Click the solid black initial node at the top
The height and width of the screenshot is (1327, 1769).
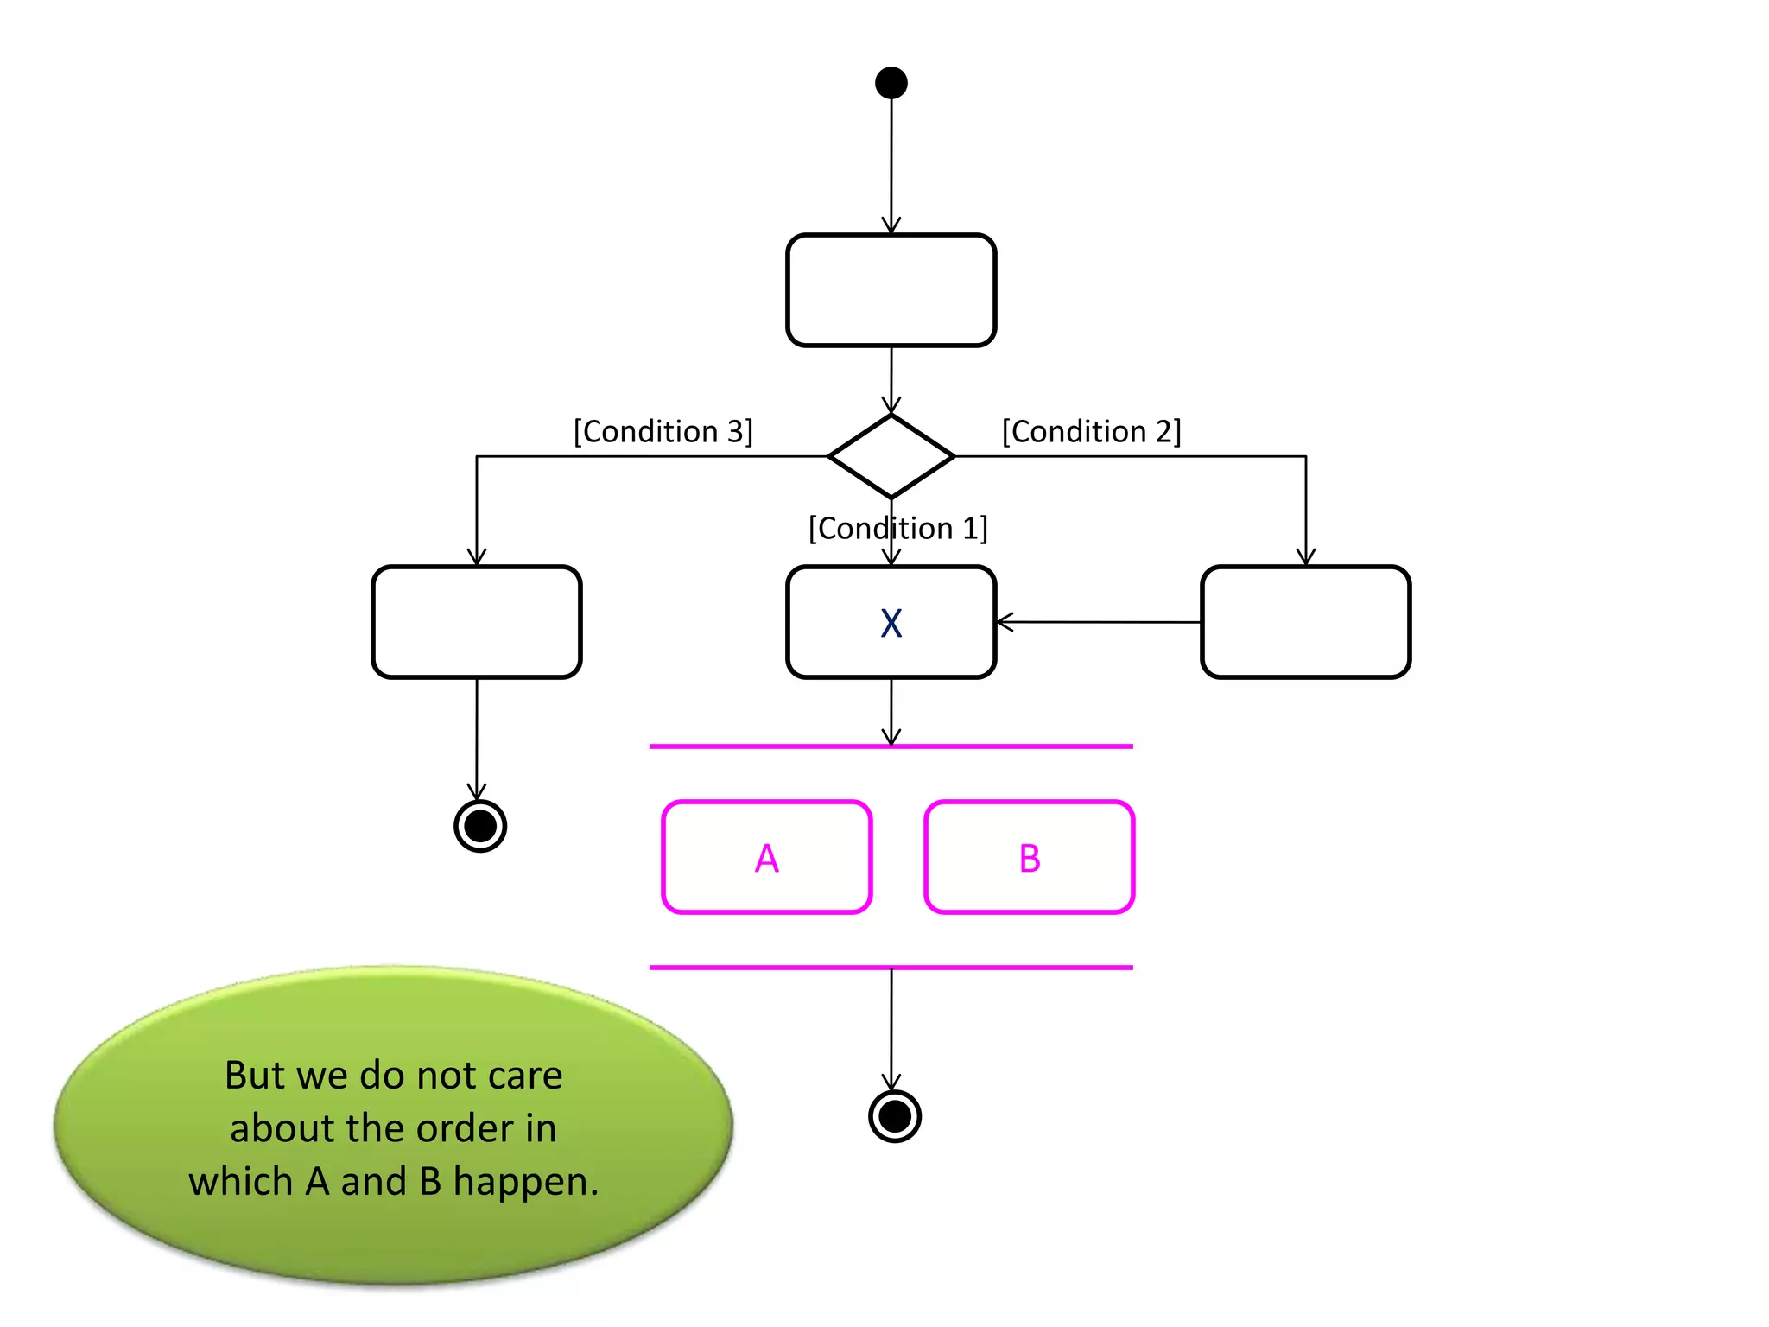point(891,83)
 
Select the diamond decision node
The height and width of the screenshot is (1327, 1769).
point(891,456)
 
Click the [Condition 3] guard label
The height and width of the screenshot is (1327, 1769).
point(663,431)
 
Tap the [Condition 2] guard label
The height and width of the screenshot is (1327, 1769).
point(1091,431)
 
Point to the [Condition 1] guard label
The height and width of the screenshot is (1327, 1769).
point(897,528)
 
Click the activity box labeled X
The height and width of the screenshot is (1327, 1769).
point(891,622)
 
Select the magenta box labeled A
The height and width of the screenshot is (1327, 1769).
point(766,857)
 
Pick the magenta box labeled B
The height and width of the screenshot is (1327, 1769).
point(1029,857)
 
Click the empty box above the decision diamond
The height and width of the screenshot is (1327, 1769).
point(891,290)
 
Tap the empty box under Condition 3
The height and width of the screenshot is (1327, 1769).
point(476,622)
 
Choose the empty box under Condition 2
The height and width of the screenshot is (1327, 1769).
point(1305,622)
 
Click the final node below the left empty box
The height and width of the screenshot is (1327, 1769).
point(480,826)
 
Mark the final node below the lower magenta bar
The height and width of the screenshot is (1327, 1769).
point(894,1116)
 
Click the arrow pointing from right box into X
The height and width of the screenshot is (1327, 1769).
point(1097,621)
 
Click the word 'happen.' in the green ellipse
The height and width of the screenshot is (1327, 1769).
point(525,1182)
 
